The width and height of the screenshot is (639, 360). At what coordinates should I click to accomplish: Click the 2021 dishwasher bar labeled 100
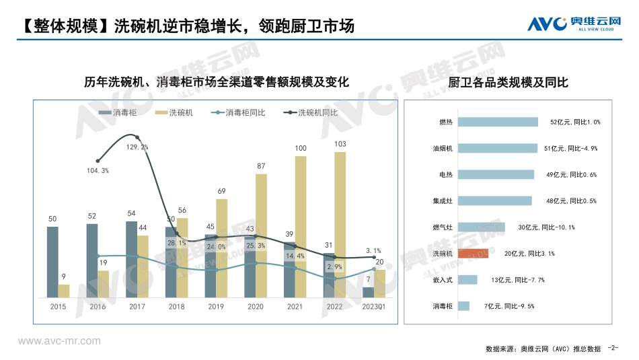point(301,227)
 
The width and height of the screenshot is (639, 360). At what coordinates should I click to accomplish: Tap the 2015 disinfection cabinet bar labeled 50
point(52,262)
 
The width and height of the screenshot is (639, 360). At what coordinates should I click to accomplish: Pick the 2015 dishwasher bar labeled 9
point(64,291)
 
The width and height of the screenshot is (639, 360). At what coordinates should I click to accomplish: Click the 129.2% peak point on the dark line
point(137,137)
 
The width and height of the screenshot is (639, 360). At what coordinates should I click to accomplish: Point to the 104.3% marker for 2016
point(98,161)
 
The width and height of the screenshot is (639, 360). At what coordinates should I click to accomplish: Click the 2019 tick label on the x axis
point(216,307)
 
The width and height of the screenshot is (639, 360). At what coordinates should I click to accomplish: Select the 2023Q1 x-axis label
point(373,307)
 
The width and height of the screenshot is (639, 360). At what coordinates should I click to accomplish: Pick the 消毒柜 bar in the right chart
point(463,306)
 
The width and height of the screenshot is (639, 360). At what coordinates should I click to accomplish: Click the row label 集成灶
point(443,201)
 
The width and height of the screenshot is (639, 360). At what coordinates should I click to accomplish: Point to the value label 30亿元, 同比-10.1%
point(546,227)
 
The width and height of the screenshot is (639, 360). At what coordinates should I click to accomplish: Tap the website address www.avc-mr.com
point(59,341)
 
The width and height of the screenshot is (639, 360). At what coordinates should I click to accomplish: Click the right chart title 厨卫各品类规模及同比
point(508,83)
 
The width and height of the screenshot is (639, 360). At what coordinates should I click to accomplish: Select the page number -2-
point(612,348)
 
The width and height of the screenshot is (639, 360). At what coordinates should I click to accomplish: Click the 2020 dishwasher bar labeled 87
point(261,236)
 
